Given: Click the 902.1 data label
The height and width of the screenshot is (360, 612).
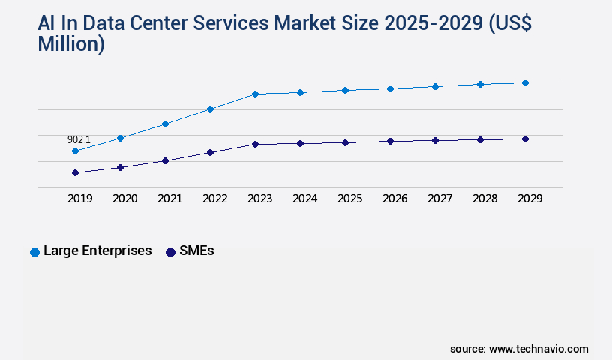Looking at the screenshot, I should coord(79,139).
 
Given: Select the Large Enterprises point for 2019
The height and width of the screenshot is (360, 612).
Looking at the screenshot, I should coord(75,151).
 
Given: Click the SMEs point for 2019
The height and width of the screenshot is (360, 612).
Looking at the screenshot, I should coord(75,172).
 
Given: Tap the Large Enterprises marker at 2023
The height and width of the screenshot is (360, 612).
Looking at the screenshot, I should coord(255,94).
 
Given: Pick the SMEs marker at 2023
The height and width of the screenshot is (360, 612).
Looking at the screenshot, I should coord(255,144).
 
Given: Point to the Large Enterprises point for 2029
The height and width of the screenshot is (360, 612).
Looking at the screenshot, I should coord(525,82).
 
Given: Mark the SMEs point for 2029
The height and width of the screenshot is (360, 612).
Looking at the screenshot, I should coord(525,139).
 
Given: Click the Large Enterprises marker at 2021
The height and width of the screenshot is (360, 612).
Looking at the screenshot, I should coord(165,124).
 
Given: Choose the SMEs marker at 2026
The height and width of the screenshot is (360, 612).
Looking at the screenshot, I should coord(390,141).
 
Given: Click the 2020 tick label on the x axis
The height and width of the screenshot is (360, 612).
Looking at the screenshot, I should coord(124,199).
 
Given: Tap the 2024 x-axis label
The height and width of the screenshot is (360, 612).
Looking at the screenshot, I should coord(304,199).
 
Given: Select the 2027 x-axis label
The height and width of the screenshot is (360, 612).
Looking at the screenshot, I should coord(439,199).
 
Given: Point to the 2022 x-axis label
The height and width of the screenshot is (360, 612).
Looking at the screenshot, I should coord(214,199).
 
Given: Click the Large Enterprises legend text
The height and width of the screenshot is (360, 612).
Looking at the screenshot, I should coord(97,251).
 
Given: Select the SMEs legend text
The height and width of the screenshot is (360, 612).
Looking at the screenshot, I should coord(196,251).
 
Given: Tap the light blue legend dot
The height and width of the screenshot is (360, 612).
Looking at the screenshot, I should coord(34,252).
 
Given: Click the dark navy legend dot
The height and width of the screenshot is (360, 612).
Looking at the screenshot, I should coord(170,252).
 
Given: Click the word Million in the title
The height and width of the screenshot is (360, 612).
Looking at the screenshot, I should coord(71,44).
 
